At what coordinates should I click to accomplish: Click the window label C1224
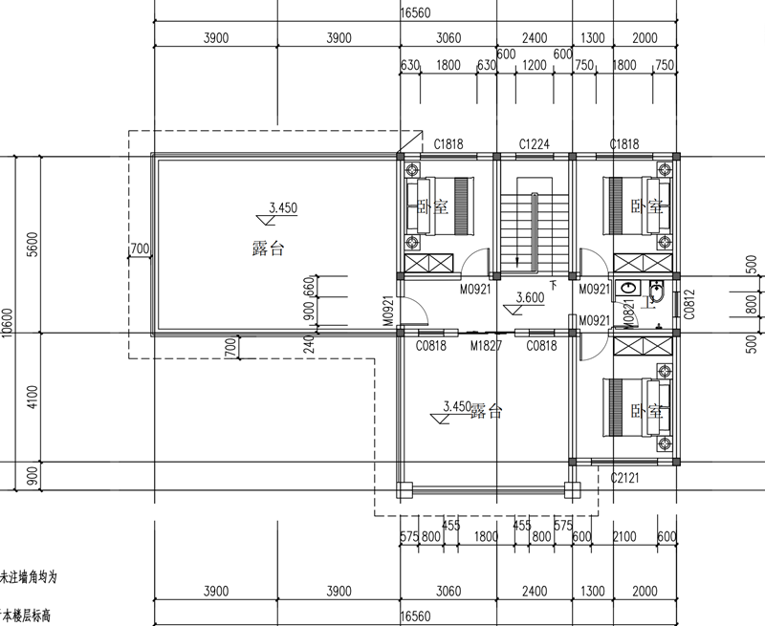tap(534, 144)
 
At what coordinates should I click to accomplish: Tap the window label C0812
tap(688, 305)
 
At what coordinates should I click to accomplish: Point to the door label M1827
tap(486, 345)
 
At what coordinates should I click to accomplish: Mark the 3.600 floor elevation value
tap(531, 297)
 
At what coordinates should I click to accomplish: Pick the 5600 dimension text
tap(33, 245)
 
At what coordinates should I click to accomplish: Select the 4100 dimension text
tap(33, 398)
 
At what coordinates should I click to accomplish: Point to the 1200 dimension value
tap(534, 67)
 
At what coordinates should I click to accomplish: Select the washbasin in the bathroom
tap(627, 287)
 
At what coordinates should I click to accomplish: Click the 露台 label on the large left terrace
tap(267, 248)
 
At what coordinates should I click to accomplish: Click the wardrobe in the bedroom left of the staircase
tap(427, 264)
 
